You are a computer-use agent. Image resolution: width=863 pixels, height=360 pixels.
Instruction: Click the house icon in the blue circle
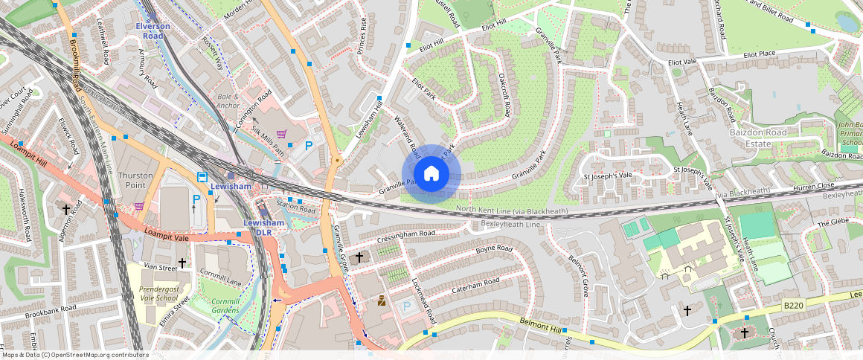431,174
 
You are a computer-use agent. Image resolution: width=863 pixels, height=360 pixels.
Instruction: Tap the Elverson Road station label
153,30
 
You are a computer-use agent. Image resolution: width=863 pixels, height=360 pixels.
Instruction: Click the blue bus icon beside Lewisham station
202,176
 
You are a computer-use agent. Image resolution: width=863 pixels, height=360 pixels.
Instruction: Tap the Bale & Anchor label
228,101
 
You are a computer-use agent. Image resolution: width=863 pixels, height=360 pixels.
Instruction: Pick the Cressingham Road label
405,234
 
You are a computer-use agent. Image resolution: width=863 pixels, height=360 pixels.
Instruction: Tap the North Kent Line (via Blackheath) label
512,211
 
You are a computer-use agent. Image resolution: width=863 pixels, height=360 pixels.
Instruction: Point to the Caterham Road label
477,283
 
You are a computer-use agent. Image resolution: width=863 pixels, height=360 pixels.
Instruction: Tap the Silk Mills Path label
268,141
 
